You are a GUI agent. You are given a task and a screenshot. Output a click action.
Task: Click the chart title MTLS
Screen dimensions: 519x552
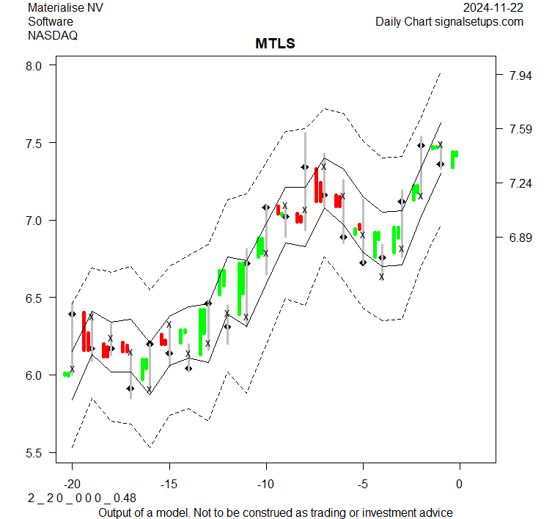pyautogui.click(x=275, y=44)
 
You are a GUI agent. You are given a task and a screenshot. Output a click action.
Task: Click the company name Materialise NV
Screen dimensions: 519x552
pyautogui.click(x=66, y=8)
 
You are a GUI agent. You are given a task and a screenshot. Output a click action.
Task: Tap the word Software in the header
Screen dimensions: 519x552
pyautogui.click(x=51, y=21)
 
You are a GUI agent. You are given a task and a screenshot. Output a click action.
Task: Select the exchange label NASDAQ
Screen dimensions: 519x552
pyautogui.click(x=53, y=34)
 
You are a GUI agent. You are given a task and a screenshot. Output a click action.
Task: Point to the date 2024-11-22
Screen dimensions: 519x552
pyautogui.click(x=493, y=8)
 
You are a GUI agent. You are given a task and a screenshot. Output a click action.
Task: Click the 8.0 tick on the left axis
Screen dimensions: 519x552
pyautogui.click(x=35, y=65)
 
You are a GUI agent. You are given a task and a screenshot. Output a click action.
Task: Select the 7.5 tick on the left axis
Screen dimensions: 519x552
pyautogui.click(x=35, y=142)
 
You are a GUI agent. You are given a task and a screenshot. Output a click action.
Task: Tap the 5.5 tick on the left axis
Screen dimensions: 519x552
pyautogui.click(x=35, y=452)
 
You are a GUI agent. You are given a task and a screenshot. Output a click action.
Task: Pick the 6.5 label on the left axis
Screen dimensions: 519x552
pyautogui.click(x=35, y=298)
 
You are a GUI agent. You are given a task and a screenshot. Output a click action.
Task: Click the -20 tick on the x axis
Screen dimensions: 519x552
pyautogui.click(x=72, y=484)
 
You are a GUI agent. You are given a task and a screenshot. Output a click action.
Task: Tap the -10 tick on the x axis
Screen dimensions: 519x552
pyautogui.click(x=265, y=484)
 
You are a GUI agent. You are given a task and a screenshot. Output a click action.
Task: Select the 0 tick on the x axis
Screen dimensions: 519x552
pyautogui.click(x=460, y=484)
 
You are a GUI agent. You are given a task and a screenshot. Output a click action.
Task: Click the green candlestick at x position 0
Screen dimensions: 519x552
pyautogui.click(x=455, y=159)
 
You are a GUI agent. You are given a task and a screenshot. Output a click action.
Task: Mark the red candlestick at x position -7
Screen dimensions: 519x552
pyautogui.click(x=317, y=185)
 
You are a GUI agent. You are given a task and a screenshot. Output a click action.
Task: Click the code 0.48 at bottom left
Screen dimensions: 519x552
pyautogui.click(x=125, y=498)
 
